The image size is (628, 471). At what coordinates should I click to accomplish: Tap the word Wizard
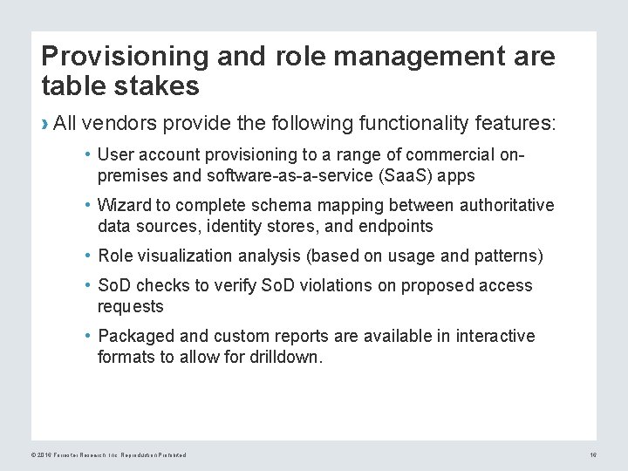click(123, 205)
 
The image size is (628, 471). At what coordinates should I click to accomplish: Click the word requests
click(130, 306)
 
